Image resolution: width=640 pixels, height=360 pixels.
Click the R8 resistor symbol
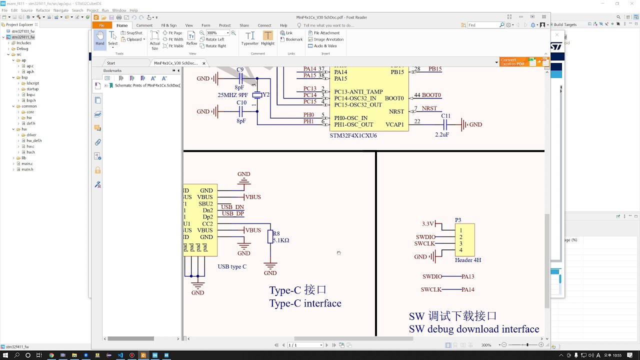270,236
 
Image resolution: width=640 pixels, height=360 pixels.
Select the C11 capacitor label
445,116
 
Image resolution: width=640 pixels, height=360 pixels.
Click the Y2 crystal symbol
257,95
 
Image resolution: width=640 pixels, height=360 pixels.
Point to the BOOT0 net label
432,95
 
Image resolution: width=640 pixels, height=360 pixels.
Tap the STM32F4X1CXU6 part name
353,135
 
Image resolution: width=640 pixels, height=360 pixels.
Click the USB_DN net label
232,207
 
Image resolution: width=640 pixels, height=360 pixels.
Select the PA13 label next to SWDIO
468,276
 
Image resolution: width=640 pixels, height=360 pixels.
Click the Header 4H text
468,260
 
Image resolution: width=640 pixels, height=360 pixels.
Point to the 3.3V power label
428,224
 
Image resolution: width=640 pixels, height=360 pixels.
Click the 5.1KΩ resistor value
281,240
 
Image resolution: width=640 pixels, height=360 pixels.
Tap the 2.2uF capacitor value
442,134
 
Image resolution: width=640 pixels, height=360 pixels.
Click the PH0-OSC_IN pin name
350,118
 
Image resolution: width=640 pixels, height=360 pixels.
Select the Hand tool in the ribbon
100,38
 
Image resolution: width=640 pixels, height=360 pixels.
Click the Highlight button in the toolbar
268,38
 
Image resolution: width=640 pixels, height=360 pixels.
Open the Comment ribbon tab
144,25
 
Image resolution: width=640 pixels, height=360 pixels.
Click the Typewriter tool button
250,38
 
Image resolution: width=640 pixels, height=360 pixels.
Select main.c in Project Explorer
27,163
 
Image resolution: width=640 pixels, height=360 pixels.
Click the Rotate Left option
214,39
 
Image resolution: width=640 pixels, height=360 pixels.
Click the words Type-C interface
305,303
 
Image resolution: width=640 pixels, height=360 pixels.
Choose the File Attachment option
326,33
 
